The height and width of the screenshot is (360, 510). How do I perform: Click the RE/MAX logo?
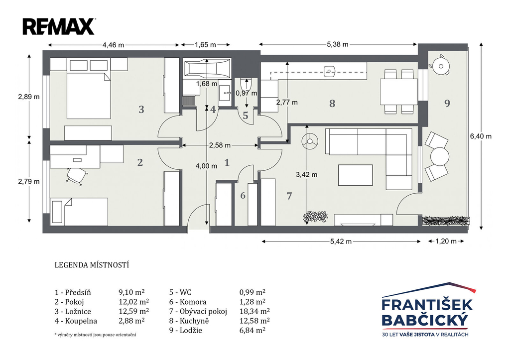click(x=59, y=26)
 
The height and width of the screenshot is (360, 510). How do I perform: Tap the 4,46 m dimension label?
click(x=113, y=45)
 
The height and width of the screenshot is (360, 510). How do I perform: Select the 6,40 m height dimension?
click(x=481, y=136)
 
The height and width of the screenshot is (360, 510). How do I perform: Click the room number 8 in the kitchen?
click(x=332, y=104)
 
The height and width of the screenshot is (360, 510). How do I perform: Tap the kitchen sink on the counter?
click(x=330, y=71)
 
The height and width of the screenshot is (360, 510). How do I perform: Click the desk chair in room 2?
click(x=77, y=176)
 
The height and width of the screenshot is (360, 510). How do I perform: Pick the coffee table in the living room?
click(x=355, y=175)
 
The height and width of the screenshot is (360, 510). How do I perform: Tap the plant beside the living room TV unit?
click(x=315, y=217)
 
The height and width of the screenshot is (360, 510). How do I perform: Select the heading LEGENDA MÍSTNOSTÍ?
click(x=92, y=265)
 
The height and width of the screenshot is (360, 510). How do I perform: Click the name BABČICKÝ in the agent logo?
click(x=425, y=320)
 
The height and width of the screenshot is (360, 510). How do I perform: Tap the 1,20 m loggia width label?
click(x=446, y=241)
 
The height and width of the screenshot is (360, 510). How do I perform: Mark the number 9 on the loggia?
click(x=447, y=104)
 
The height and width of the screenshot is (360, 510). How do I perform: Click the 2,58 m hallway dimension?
click(x=220, y=145)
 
